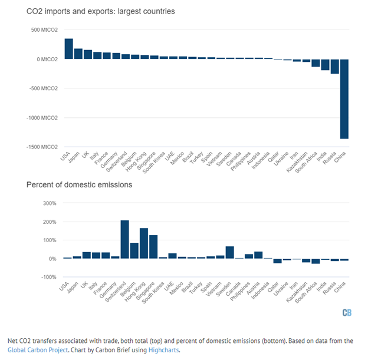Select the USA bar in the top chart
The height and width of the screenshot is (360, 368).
(x=68, y=49)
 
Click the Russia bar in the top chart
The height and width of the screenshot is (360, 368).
(x=334, y=66)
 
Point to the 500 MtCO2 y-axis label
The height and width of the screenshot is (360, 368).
(x=44, y=30)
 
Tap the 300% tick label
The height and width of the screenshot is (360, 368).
(x=48, y=203)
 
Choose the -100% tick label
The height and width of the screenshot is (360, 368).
(x=48, y=277)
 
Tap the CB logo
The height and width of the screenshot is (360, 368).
(x=347, y=312)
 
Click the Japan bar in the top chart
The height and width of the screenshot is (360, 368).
(x=78, y=54)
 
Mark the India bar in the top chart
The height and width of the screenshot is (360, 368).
(x=325, y=64)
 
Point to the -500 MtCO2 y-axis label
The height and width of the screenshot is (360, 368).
(x=43, y=88)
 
